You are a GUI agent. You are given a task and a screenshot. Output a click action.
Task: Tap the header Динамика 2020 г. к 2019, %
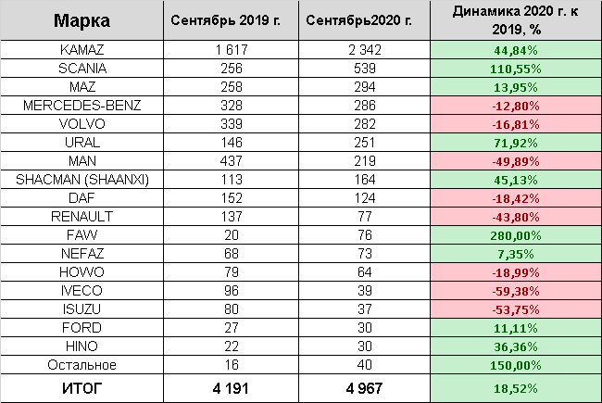tap(515, 20)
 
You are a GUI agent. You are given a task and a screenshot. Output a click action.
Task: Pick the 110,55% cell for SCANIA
tap(515, 68)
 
